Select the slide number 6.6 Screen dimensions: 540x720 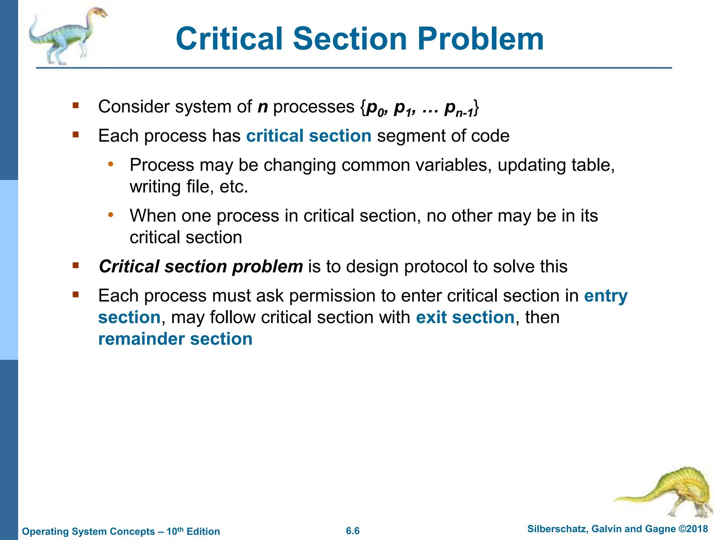pyautogui.click(x=353, y=531)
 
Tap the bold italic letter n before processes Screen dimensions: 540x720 pyautogui.click(x=263, y=107)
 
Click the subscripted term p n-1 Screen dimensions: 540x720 pyautogui.click(x=459, y=109)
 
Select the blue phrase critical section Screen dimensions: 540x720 pyautogui.click(x=309, y=136)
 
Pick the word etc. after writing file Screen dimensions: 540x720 pyautogui.click(x=234, y=187)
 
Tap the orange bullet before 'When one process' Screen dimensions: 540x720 pyautogui.click(x=111, y=215)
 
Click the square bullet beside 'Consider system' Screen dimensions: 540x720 pyautogui.click(x=76, y=105)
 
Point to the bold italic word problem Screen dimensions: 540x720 pyautogui.click(x=267, y=266)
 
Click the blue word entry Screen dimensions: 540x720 pyautogui.click(x=606, y=296)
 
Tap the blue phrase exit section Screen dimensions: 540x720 pyautogui.click(x=465, y=317)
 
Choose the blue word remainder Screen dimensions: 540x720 pyautogui.click(x=141, y=339)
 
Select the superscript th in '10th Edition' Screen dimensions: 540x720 pyautogui.click(x=180, y=529)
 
